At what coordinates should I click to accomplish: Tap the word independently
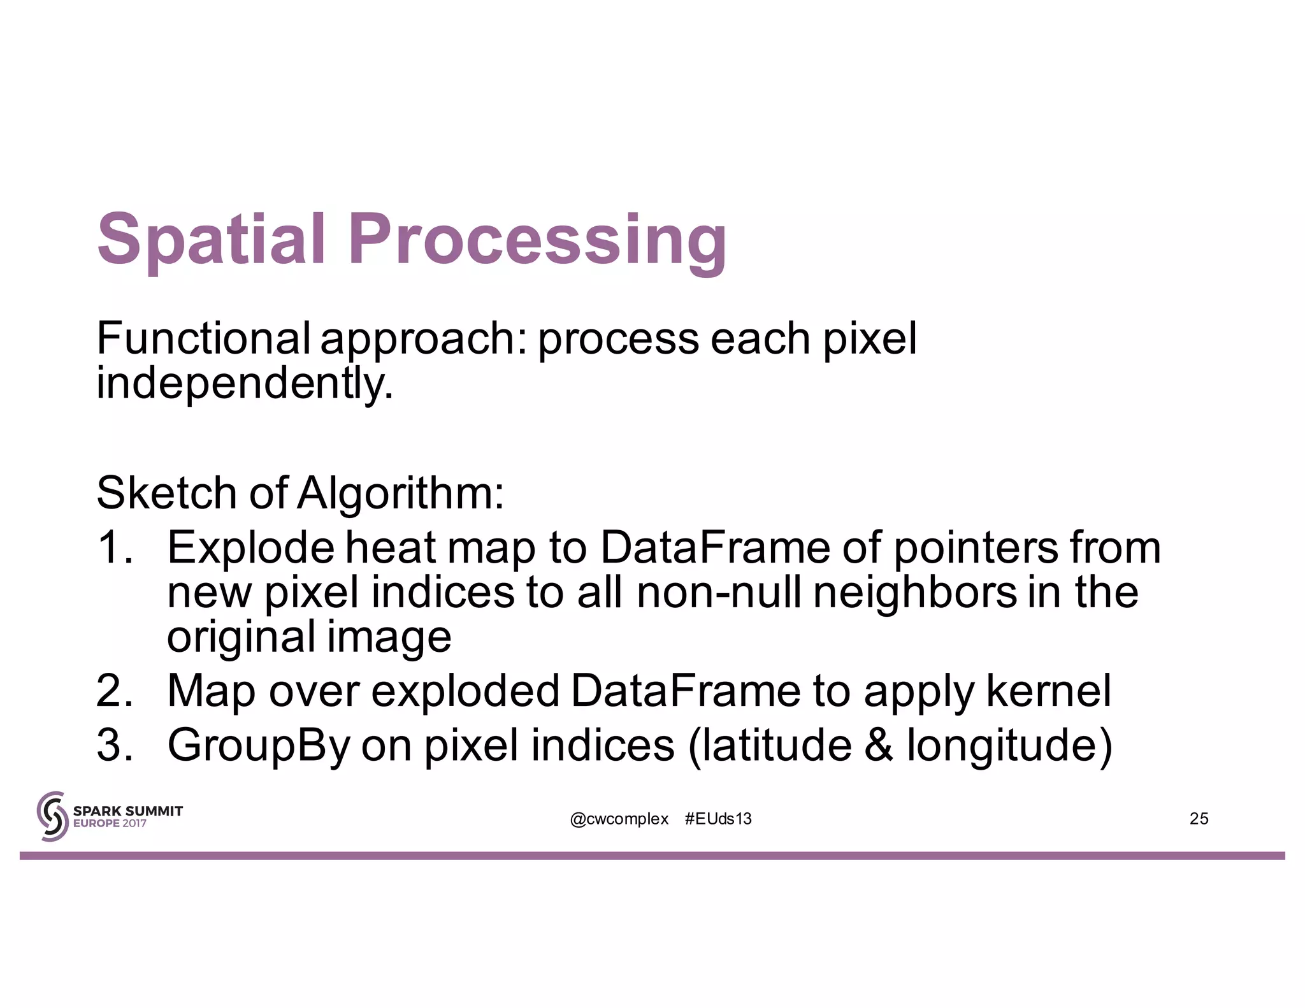coord(245,384)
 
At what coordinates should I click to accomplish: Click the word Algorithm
coord(400,494)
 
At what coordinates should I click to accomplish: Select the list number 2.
coord(115,691)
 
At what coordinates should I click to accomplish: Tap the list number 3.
coord(115,745)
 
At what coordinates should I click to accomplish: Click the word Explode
coord(250,548)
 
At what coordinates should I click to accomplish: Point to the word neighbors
coord(915,593)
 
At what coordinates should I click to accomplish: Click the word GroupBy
coord(258,745)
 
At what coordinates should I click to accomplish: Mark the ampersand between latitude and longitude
coord(879,745)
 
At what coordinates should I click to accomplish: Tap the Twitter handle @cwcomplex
coord(619,819)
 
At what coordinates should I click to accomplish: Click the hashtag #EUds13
coord(718,819)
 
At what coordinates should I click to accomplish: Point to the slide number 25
coord(1199,819)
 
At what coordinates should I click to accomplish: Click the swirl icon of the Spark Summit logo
coord(52,816)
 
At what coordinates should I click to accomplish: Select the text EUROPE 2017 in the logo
coord(110,823)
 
